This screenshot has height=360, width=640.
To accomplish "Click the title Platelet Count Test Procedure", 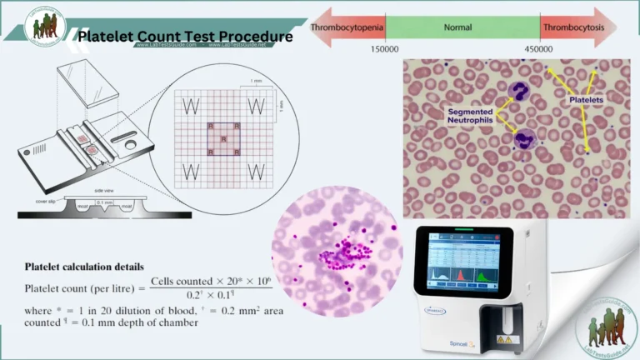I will tap(185, 37).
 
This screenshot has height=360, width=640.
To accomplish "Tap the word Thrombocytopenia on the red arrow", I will tap(347, 27).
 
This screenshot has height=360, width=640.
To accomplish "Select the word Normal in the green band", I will tap(457, 27).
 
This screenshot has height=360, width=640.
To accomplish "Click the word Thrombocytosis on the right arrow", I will tap(574, 27).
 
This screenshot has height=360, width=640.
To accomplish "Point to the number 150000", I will tap(384, 49).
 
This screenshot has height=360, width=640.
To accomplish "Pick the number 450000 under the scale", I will tap(538, 49).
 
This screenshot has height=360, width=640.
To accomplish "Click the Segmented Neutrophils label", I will tap(470, 117).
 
